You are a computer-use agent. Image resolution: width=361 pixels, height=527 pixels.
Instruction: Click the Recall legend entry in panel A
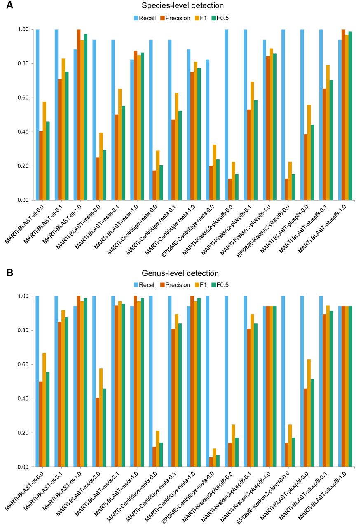pyautogui.click(x=145, y=18)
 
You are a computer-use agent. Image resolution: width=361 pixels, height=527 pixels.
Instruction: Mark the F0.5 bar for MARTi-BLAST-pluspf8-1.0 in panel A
pyautogui.click(x=351, y=116)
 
